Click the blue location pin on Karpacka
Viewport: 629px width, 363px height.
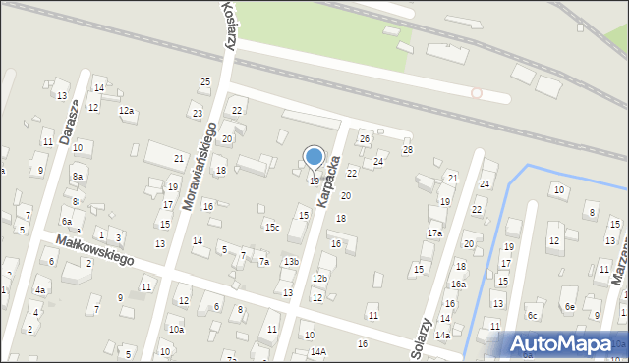pyautogui.click(x=314, y=157)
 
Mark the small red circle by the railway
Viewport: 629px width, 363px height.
pyautogui.click(x=477, y=93)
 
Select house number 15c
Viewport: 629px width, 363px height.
pyautogui.click(x=271, y=228)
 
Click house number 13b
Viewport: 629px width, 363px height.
pyautogui.click(x=291, y=261)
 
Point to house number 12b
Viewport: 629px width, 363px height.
pyautogui.click(x=319, y=279)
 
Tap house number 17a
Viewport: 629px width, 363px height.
pyautogui.click(x=434, y=233)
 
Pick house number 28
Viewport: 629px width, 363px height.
pyautogui.click(x=408, y=149)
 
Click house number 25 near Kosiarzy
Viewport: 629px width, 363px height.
pyautogui.click(x=205, y=81)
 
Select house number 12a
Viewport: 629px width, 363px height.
pyautogui.click(x=126, y=111)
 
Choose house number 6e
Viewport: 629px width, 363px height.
pyautogui.click(x=569, y=307)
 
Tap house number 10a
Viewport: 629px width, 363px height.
pyautogui.click(x=176, y=330)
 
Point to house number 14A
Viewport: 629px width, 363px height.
pyautogui.click(x=317, y=351)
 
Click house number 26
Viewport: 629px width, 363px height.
pyautogui.click(x=364, y=138)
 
